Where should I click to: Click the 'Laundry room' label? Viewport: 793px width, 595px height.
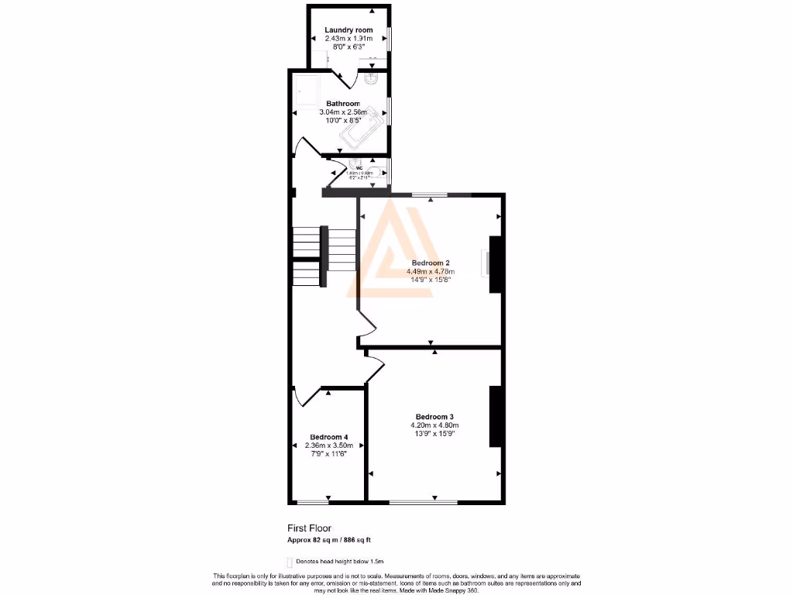[x=348, y=30]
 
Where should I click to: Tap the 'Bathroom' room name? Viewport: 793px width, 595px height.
[x=342, y=104]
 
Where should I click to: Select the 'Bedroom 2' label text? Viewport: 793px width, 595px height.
[x=430, y=263]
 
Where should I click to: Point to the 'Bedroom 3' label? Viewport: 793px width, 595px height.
[x=434, y=416]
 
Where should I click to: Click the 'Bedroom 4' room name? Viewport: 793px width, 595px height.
[x=328, y=437]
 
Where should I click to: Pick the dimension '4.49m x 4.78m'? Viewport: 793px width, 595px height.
[x=430, y=272]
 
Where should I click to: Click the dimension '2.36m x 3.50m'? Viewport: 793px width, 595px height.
[x=328, y=445]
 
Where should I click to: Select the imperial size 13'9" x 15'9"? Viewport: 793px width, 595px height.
[x=434, y=434]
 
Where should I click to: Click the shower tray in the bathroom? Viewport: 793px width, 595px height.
[x=307, y=91]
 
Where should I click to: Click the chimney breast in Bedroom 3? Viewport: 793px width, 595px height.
[x=494, y=416]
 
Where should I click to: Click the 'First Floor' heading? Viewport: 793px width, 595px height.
[x=309, y=528]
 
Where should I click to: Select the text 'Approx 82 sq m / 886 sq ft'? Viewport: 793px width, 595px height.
[x=334, y=540]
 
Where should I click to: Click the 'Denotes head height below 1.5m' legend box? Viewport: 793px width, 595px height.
[x=290, y=561]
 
